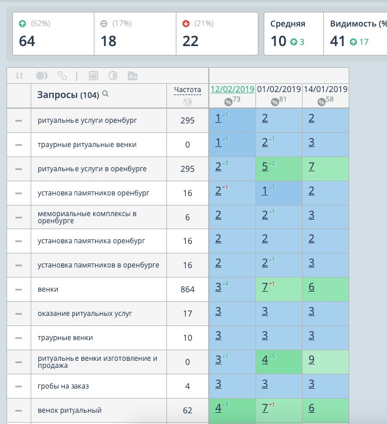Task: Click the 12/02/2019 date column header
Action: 232,89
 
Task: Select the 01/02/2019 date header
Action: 279,89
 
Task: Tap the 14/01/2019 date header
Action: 326,89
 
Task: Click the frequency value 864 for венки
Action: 188,289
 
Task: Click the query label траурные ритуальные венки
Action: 87,145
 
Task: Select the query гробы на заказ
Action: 63,386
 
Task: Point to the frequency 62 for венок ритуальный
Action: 188,410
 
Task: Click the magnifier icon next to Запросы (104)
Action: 106,94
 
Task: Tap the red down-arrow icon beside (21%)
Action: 186,24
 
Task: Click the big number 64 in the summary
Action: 27,41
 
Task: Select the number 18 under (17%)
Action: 109,41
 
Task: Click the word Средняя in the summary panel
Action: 288,24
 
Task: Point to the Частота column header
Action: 188,90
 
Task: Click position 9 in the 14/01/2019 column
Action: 311,360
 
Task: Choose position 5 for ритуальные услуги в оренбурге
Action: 265,167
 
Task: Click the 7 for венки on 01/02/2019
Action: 265,287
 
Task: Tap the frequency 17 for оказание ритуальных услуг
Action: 188,314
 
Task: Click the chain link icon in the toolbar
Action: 62,76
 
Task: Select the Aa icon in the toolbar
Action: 132,76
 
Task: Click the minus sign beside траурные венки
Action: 18,338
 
